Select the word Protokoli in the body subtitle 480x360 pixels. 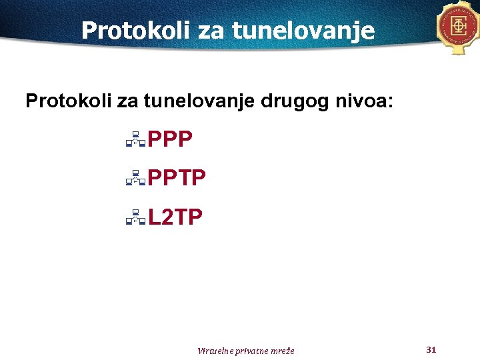[x=69, y=101]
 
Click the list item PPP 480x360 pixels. [x=170, y=139]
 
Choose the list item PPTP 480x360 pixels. [x=177, y=178]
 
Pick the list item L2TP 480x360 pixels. [x=175, y=217]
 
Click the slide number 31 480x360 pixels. [x=430, y=349]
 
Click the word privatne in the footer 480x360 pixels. [x=251, y=351]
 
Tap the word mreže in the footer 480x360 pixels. [x=282, y=351]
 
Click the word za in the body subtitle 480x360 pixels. [x=125, y=101]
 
